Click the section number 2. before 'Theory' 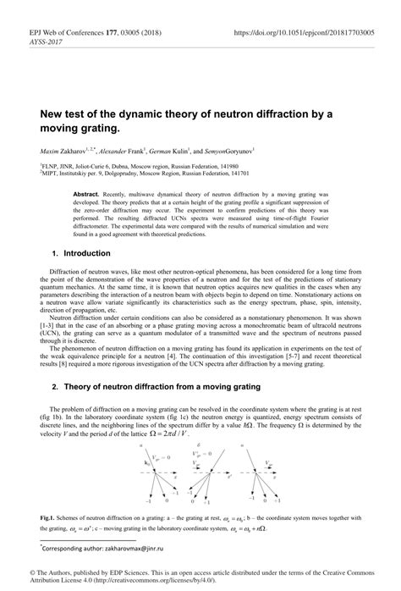click(x=56, y=386)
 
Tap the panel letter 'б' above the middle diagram click(x=197, y=444)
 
